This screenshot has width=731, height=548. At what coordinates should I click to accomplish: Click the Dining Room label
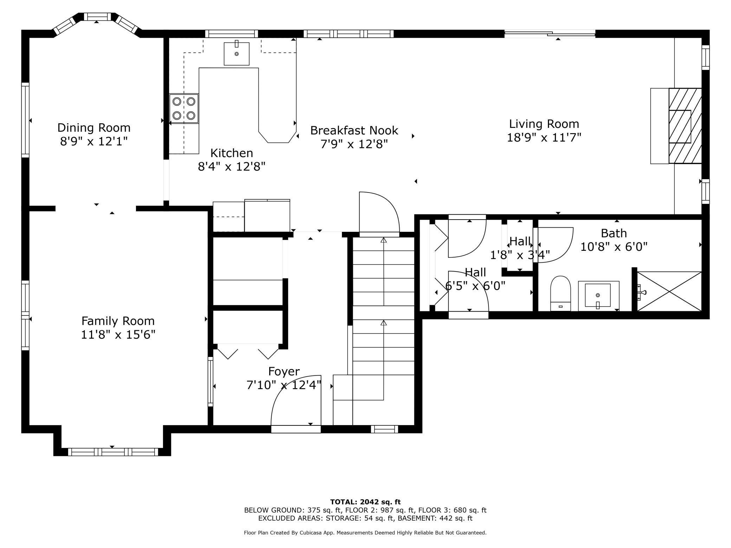(x=94, y=128)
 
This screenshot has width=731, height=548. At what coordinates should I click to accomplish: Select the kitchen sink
(x=237, y=54)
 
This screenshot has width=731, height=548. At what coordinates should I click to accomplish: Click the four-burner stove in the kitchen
(x=184, y=109)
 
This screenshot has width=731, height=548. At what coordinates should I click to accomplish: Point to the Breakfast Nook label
(x=354, y=131)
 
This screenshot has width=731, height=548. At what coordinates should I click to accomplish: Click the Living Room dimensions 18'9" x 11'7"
(x=544, y=137)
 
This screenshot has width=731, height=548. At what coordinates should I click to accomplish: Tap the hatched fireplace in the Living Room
(x=685, y=126)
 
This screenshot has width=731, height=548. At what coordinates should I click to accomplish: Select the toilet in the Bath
(x=560, y=294)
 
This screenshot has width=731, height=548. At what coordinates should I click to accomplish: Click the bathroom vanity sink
(x=598, y=296)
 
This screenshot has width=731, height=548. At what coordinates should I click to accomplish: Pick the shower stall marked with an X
(x=669, y=291)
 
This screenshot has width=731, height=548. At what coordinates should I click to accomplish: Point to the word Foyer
(x=284, y=371)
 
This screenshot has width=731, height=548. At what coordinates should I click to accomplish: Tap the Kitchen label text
(x=232, y=153)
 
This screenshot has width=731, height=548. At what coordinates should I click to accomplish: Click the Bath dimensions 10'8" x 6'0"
(x=614, y=247)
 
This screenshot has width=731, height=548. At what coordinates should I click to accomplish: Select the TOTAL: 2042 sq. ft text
(x=365, y=502)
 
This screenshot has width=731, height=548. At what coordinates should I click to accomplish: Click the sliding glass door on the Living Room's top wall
(x=550, y=34)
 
